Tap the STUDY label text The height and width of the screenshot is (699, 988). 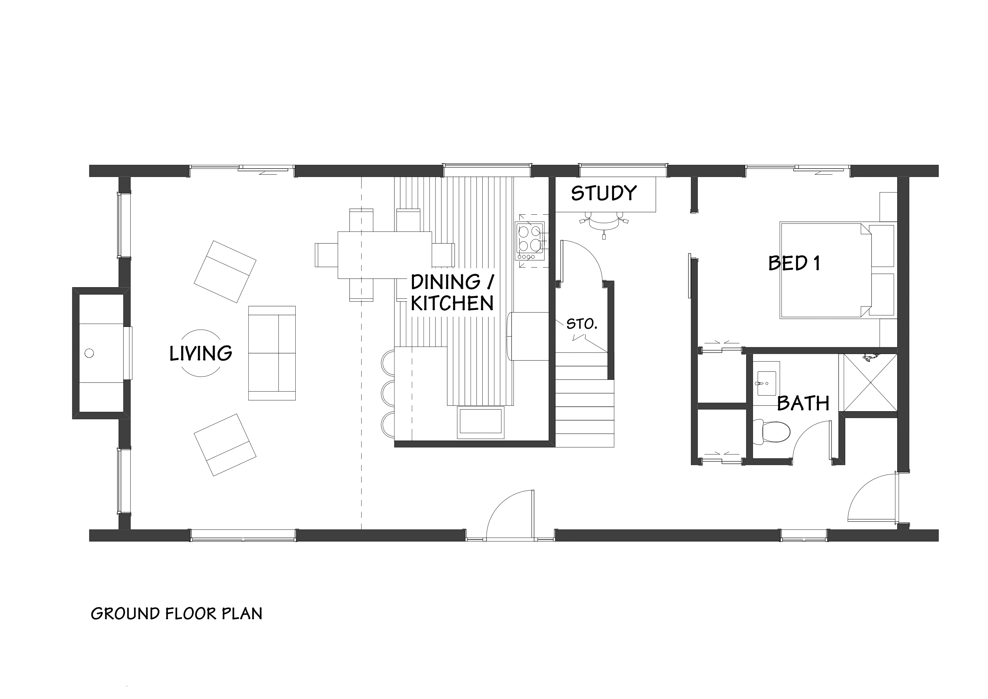click(604, 193)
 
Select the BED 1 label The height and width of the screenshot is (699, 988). click(794, 263)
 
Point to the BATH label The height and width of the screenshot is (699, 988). click(803, 403)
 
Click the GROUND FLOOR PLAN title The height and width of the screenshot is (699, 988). click(177, 614)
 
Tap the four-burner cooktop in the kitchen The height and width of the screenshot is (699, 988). click(530, 241)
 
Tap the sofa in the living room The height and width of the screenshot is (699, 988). click(272, 353)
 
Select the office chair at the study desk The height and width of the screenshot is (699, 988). click(604, 223)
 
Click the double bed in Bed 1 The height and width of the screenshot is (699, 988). click(825, 270)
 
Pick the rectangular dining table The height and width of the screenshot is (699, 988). click(384, 255)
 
